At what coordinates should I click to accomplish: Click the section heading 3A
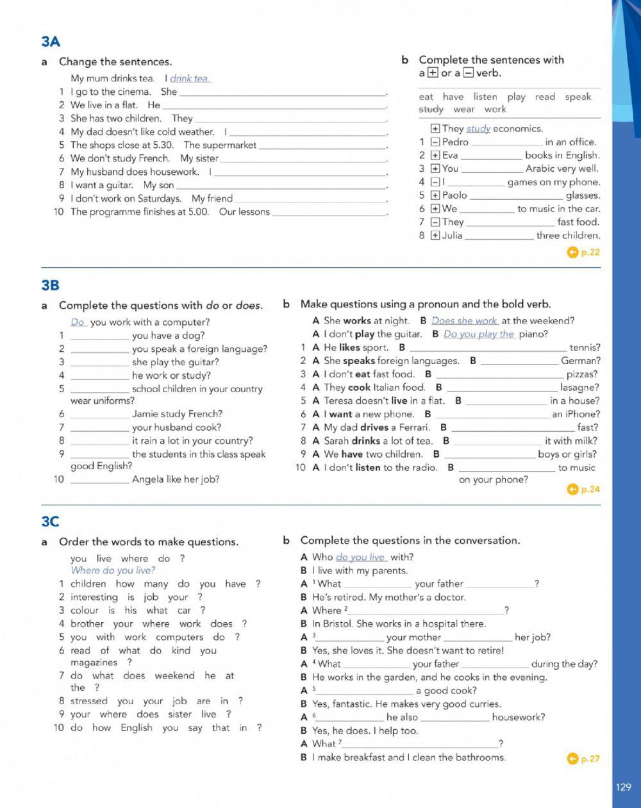pyautogui.click(x=50, y=42)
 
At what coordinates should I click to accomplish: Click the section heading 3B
pyautogui.click(x=50, y=284)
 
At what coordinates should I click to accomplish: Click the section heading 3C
pyautogui.click(x=50, y=522)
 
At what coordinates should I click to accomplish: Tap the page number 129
pyautogui.click(x=623, y=787)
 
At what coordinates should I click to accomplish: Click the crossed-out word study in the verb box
pyautogui.click(x=431, y=110)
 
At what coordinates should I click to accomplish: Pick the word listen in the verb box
pyautogui.click(x=485, y=97)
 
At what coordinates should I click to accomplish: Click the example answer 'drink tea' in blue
pyautogui.click(x=189, y=78)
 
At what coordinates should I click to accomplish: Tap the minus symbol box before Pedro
pyautogui.click(x=435, y=142)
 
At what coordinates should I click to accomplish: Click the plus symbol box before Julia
pyautogui.click(x=435, y=235)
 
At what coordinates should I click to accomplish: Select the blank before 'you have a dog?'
pyautogui.click(x=99, y=336)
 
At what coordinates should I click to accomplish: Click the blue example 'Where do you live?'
pyautogui.click(x=113, y=570)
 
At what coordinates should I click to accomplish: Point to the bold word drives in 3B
pyautogui.click(x=374, y=427)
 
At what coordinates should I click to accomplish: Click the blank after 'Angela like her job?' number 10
pyautogui.click(x=99, y=479)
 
